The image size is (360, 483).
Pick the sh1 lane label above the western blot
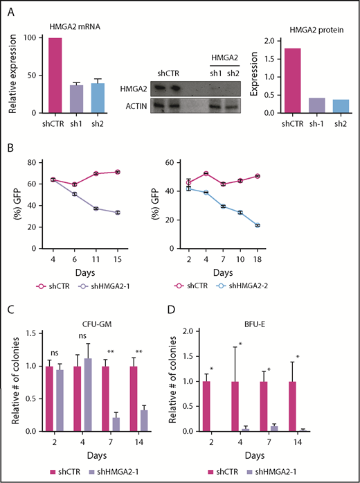tap(203, 73)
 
